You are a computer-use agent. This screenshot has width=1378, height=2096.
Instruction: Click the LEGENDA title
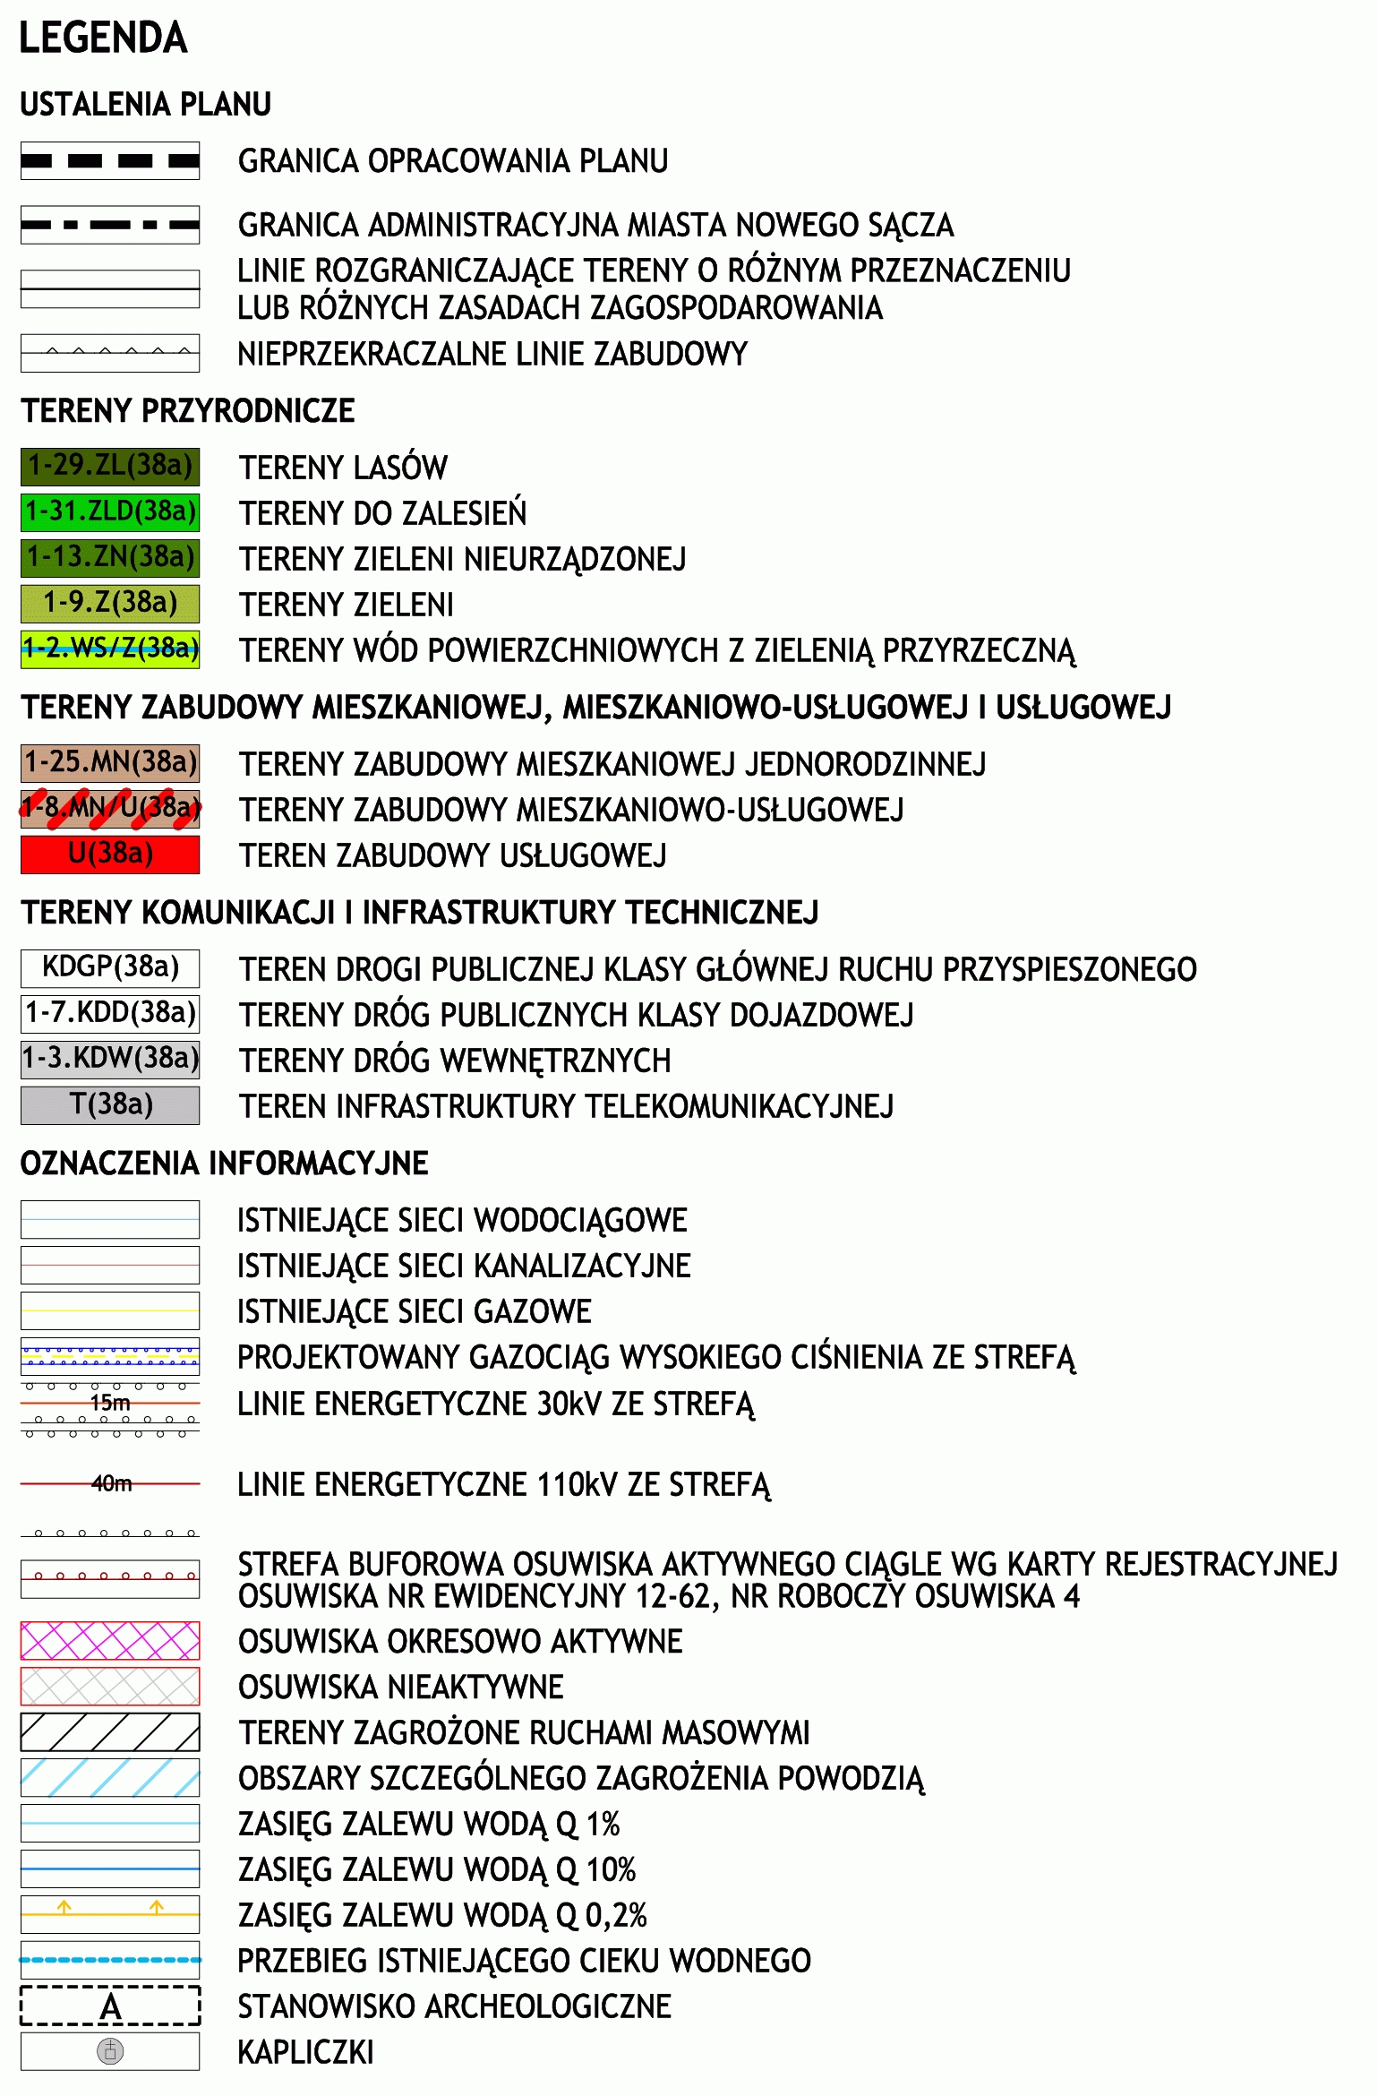[x=103, y=38]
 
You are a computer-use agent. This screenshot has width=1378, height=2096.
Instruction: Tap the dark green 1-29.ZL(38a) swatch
[x=110, y=466]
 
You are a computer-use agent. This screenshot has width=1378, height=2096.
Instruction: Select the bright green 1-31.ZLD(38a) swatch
[x=110, y=511]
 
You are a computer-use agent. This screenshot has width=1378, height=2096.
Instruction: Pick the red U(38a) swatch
[x=110, y=854]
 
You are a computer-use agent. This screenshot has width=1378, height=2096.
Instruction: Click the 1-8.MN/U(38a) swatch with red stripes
[x=110, y=808]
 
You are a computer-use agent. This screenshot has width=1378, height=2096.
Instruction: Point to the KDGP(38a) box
[x=110, y=967]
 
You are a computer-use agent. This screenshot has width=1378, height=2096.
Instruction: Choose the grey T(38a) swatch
[x=110, y=1104]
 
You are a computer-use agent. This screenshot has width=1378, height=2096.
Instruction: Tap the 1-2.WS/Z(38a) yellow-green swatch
[x=110, y=649]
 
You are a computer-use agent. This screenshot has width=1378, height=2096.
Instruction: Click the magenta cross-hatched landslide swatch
[x=110, y=1640]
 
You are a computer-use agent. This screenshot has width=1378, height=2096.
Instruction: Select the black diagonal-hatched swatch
[x=110, y=1731]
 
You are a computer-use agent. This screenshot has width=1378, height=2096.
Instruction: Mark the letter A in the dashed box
[x=110, y=2006]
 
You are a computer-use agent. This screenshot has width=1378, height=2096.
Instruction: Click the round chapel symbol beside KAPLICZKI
[x=110, y=2051]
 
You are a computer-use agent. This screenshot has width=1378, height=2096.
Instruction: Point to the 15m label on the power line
[x=110, y=1403]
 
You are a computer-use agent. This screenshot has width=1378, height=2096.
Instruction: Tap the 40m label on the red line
[x=111, y=1484]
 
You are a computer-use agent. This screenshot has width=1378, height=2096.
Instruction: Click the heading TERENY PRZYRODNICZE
[x=188, y=410]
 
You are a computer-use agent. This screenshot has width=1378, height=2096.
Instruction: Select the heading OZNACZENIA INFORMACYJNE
[x=224, y=1163]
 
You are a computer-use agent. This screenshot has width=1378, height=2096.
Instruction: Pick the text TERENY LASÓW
[x=343, y=468]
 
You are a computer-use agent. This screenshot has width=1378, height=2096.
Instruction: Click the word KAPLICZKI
[x=305, y=2052]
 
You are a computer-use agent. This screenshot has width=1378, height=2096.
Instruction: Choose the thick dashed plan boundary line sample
[x=110, y=161]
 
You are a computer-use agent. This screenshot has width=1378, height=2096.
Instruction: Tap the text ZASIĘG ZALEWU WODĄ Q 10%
[x=437, y=1869]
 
